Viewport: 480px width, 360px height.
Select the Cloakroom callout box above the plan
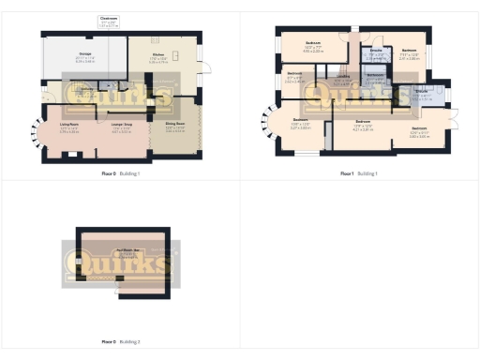click(x=110, y=21)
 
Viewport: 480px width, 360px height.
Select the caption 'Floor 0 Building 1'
click(x=120, y=173)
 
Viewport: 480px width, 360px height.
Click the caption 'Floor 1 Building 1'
click(x=359, y=173)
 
